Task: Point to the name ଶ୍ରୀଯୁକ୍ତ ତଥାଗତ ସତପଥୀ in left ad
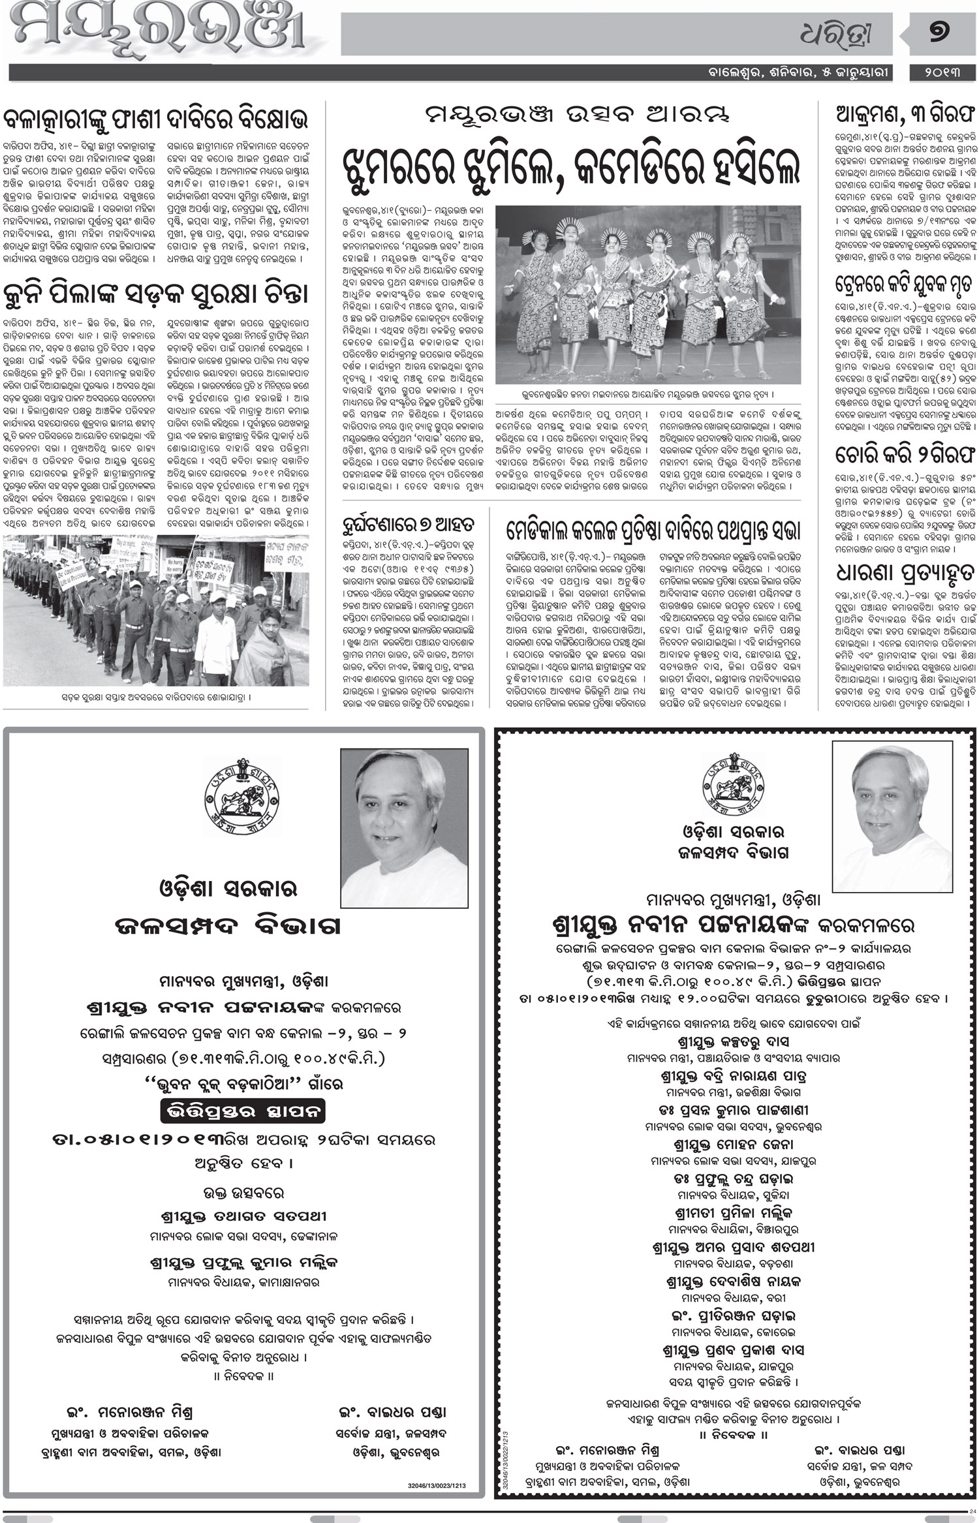point(243,1216)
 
